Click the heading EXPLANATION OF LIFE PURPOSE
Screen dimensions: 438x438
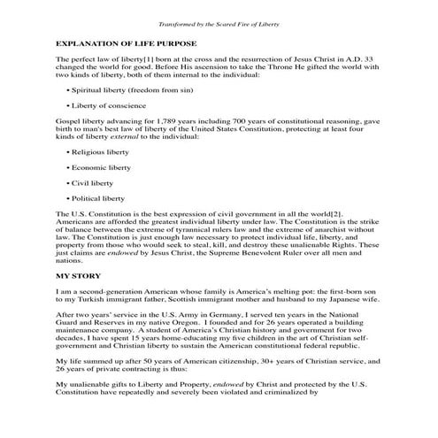point(127,42)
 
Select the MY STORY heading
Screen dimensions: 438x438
point(81,277)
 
